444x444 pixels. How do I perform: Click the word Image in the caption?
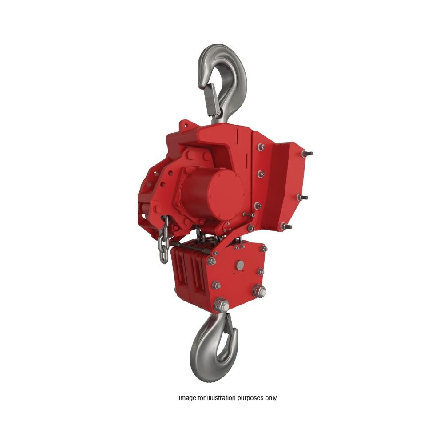point(187,398)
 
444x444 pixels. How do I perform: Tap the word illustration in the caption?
point(220,398)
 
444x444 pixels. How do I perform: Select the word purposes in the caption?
point(251,398)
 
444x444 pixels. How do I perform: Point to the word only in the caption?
point(271,398)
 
